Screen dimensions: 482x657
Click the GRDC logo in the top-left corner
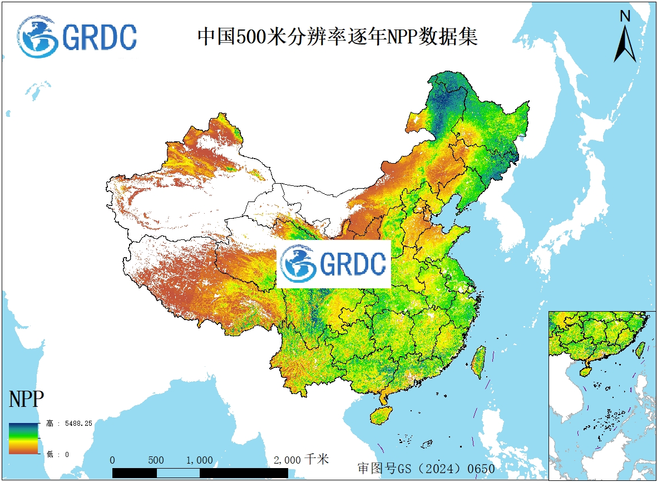tap(77, 37)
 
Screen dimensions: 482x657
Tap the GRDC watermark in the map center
tap(334, 264)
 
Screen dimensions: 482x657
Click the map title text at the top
tap(338, 37)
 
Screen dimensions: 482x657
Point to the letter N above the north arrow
tap(625, 16)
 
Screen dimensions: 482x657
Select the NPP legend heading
tap(26, 400)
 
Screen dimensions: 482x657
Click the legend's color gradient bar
tap(23, 439)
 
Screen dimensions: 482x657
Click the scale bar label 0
tap(112, 460)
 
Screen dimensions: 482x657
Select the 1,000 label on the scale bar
tap(199, 460)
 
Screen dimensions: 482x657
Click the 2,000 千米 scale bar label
tap(302, 460)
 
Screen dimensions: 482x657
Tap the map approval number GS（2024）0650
tap(426, 469)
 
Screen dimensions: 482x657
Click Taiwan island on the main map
tap(478, 362)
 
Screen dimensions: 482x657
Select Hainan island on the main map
tap(381, 415)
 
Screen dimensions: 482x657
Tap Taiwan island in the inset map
tap(640, 349)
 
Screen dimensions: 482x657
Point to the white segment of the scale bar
tap(177, 473)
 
